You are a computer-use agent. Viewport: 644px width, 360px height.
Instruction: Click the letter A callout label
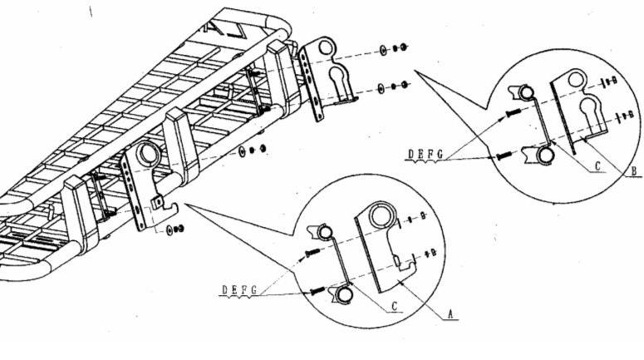click(x=450, y=314)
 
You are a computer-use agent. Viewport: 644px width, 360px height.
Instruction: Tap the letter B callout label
click(x=634, y=170)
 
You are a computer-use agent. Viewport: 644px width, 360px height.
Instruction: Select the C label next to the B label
click(x=598, y=166)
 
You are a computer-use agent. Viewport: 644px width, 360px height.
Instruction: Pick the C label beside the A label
click(x=394, y=306)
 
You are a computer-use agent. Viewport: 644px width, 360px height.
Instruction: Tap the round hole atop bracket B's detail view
click(x=575, y=80)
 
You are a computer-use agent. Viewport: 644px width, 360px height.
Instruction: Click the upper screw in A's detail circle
click(x=312, y=252)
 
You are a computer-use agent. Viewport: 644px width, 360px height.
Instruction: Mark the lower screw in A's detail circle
click(x=317, y=291)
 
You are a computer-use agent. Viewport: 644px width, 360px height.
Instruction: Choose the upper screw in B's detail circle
click(x=513, y=111)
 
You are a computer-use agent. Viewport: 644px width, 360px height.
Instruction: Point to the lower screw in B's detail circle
click(x=503, y=155)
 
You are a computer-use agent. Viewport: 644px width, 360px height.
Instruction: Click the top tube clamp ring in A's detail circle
click(x=324, y=233)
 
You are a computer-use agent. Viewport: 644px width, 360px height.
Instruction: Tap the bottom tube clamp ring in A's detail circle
click(x=343, y=294)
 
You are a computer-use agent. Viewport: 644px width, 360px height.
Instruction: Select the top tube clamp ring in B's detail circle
click(x=525, y=93)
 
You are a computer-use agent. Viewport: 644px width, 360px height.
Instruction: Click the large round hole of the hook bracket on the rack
click(x=149, y=154)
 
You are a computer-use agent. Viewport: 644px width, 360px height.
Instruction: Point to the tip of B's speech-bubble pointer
click(x=415, y=71)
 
